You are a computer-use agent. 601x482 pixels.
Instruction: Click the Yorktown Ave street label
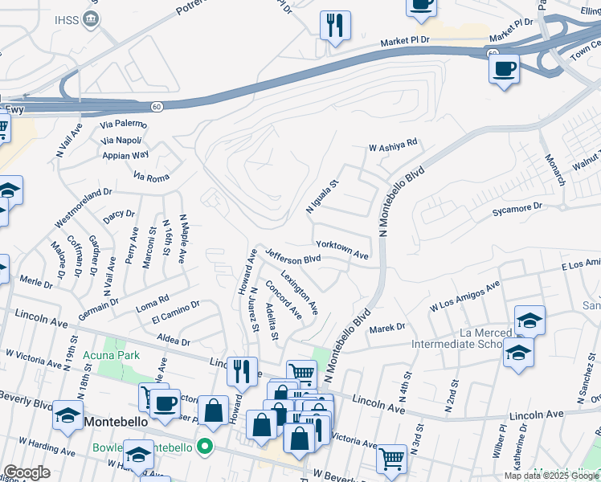click(342, 250)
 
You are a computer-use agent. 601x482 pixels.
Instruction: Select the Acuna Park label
click(116, 356)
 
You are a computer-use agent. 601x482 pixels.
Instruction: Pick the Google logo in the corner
click(26, 472)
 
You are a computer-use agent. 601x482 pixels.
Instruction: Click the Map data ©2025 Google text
click(552, 476)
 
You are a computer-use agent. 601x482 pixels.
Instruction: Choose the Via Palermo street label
click(123, 125)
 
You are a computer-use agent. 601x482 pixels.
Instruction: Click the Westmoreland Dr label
click(83, 207)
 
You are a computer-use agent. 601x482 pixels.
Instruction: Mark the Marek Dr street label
click(387, 328)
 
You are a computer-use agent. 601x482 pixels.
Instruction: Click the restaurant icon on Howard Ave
click(242, 370)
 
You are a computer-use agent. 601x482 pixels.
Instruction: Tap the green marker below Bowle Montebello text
click(206, 446)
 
